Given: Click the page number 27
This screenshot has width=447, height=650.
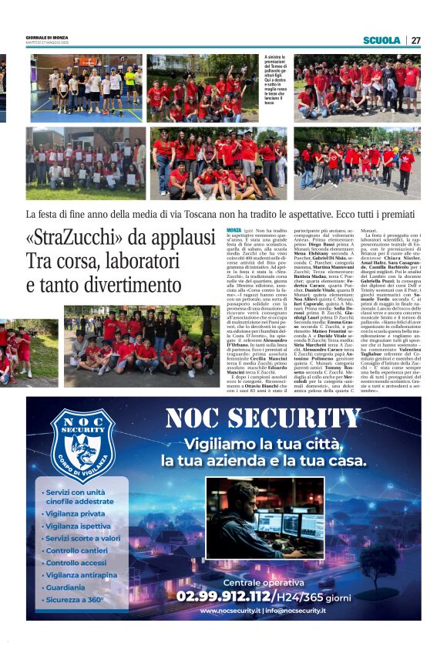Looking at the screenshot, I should (x=415, y=40).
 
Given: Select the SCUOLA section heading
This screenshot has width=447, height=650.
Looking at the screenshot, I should (x=381, y=40).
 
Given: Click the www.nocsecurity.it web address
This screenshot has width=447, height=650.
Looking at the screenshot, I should (x=232, y=611).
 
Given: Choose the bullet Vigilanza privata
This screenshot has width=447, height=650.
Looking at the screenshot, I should (x=75, y=513).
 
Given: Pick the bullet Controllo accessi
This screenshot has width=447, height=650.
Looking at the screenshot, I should (x=76, y=563).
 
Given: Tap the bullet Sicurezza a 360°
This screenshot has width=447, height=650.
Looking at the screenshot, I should (x=74, y=599).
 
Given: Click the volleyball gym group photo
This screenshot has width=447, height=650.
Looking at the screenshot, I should (x=86, y=86).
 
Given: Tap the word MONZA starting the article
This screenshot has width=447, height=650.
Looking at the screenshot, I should (x=234, y=231).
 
